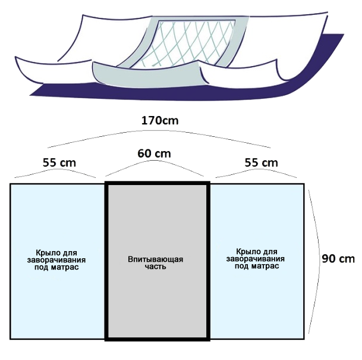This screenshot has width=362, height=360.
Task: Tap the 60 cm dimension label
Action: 154,153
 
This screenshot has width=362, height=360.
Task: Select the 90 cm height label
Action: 338,259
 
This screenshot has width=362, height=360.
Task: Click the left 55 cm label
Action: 59,162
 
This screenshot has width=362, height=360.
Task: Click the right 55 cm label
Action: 261,162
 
